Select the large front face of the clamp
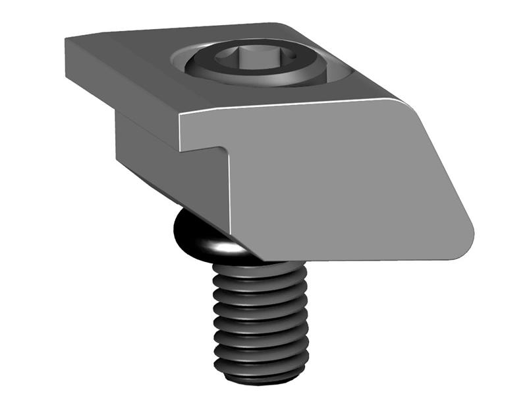click(x=329, y=178)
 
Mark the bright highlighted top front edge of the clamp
click(x=290, y=107)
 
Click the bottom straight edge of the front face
click(x=356, y=259)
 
